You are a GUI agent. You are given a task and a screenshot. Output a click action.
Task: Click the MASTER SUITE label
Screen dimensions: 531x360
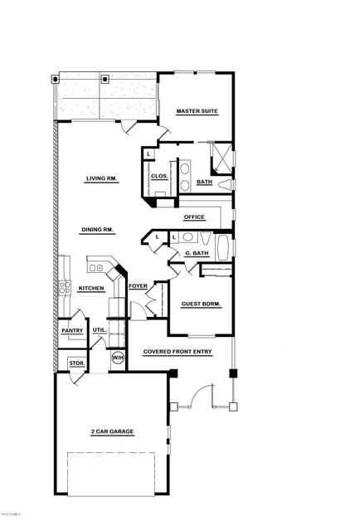point(197,111)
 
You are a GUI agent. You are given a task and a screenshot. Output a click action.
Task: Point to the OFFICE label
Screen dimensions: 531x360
point(194,217)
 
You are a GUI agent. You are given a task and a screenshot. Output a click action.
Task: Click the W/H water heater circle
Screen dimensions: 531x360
point(117,358)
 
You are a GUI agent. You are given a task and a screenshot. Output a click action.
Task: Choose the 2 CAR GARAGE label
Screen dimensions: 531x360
point(112,431)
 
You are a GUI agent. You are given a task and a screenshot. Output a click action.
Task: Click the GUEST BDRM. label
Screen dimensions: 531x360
point(200,304)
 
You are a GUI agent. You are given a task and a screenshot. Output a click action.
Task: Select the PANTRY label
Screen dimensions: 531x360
point(71,330)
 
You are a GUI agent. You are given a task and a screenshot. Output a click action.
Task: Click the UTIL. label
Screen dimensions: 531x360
point(99,330)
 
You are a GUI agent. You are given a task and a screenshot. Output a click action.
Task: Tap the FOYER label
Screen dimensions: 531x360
point(138,286)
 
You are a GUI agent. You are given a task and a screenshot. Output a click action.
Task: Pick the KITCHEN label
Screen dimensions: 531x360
point(90,289)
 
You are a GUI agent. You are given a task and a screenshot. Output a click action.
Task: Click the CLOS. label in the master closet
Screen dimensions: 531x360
point(159,176)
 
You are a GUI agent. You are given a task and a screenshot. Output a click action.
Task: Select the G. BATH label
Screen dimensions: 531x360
point(196,253)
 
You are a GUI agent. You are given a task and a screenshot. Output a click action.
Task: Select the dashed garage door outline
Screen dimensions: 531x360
point(111,473)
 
